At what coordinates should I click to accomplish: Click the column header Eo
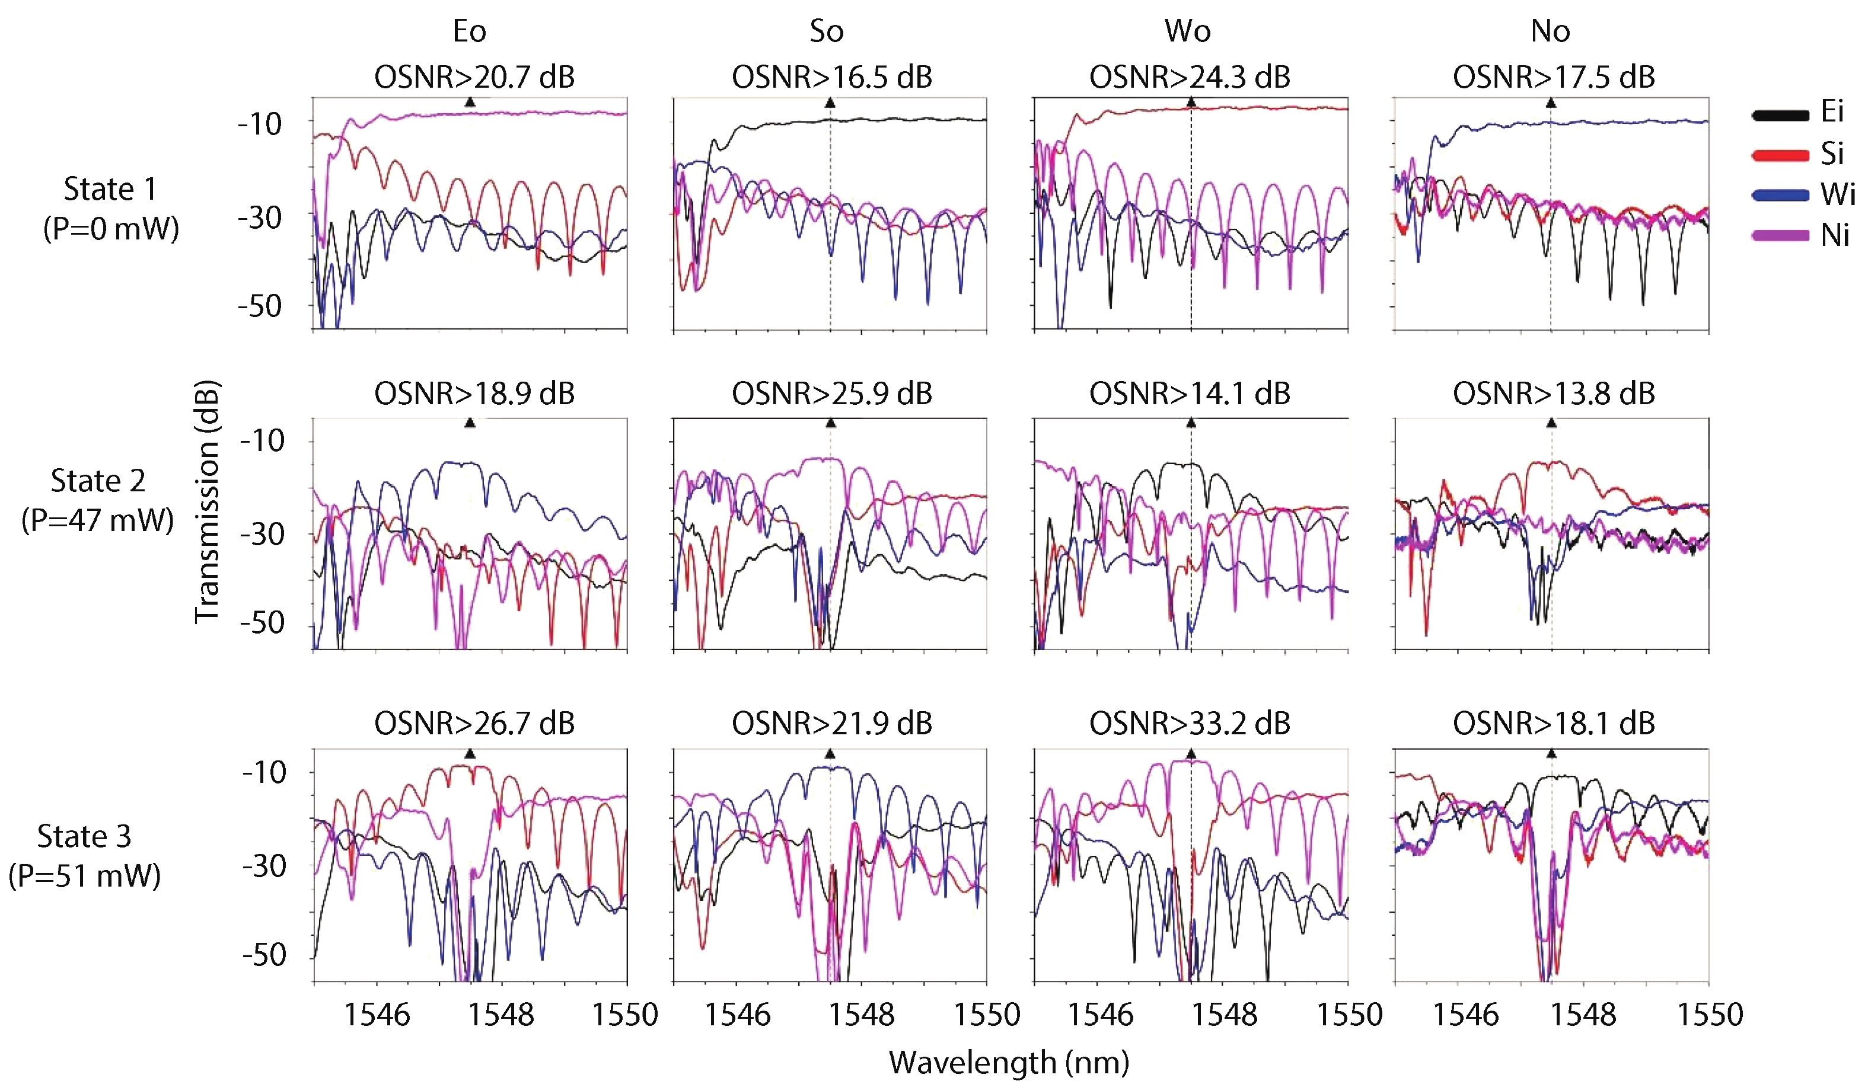(469, 31)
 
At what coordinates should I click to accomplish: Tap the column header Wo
(1187, 31)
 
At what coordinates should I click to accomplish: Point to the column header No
(1550, 31)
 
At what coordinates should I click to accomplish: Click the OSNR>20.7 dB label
(474, 77)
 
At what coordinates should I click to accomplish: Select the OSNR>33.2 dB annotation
(1190, 723)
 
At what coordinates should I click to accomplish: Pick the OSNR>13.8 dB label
(1554, 394)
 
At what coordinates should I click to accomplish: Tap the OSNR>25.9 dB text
(831, 394)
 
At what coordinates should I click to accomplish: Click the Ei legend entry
(1831, 111)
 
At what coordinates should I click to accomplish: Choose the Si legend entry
(1831, 153)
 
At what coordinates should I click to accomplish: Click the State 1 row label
(110, 189)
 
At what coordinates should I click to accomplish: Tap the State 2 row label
(98, 481)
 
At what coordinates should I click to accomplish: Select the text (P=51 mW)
(84, 876)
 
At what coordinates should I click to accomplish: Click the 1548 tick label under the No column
(1583, 1014)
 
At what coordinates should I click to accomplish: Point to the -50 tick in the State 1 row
(260, 306)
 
